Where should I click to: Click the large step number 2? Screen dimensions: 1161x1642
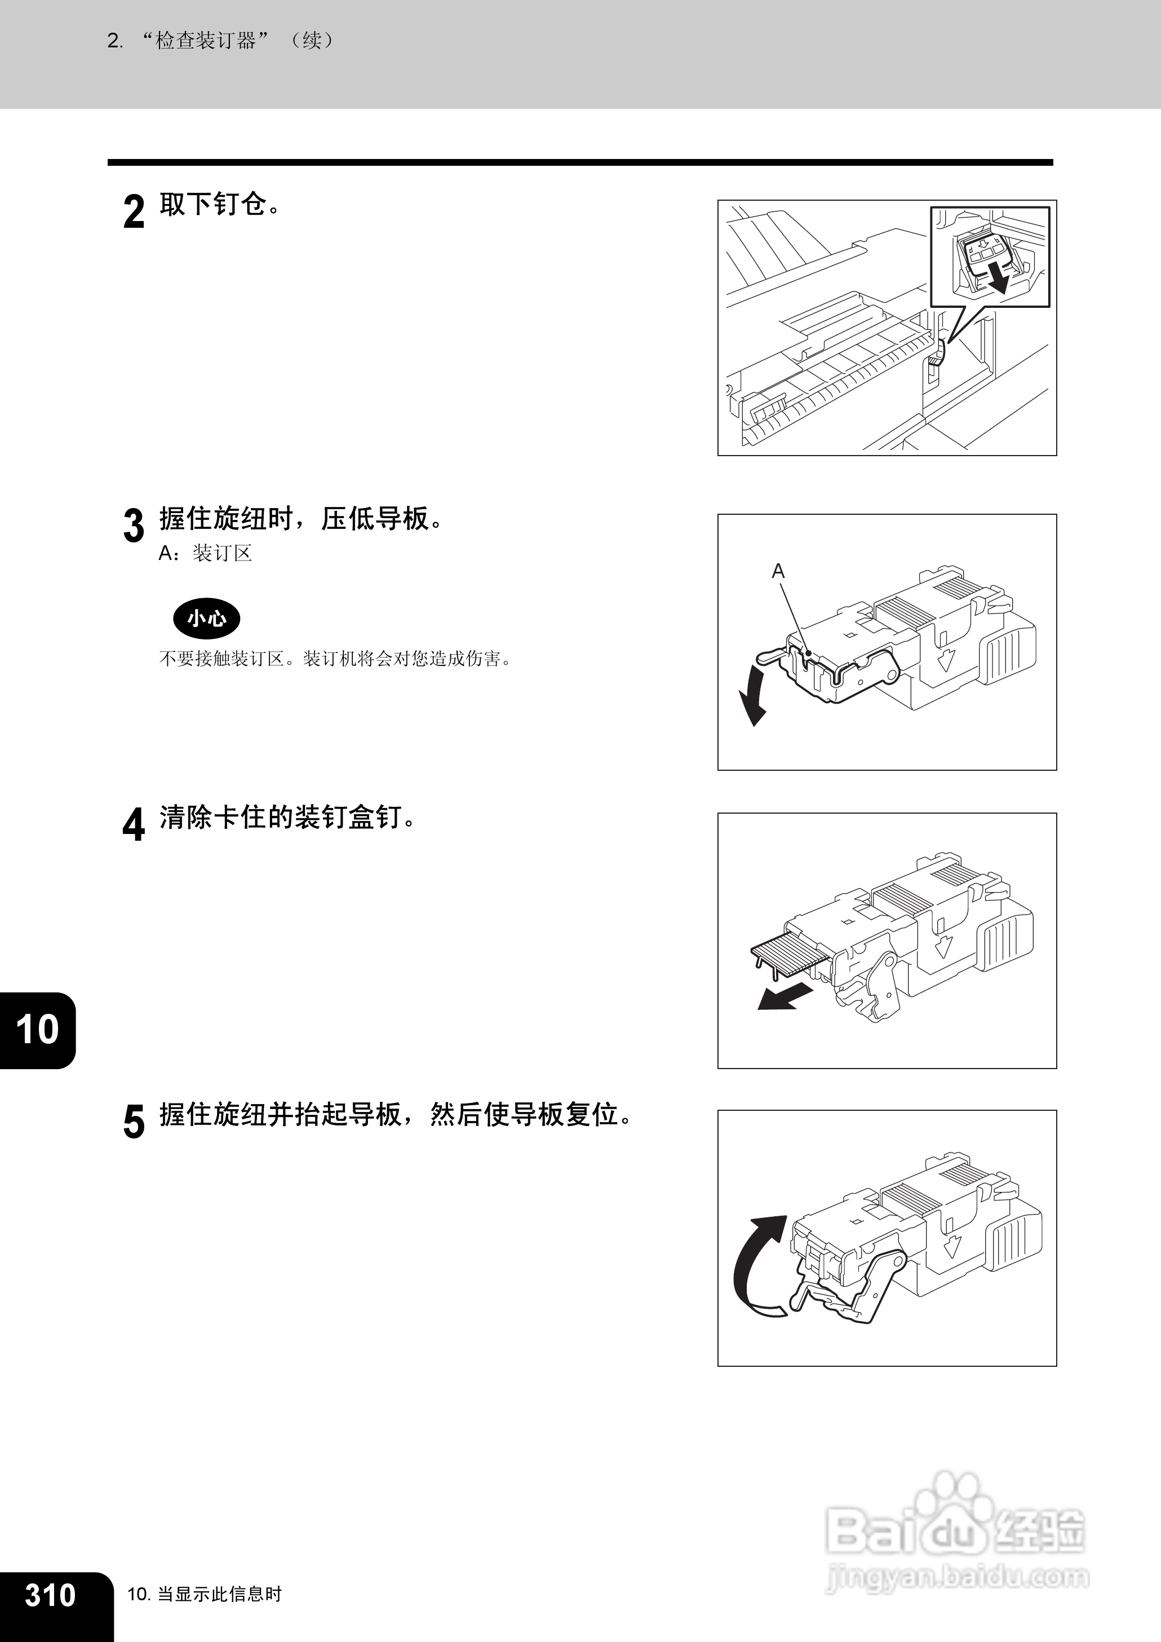pyautogui.click(x=134, y=211)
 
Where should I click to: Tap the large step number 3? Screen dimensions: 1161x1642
pyautogui.click(x=134, y=526)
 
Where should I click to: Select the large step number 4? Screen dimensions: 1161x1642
pyautogui.click(x=134, y=824)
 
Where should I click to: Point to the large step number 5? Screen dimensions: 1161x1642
pyautogui.click(x=134, y=1122)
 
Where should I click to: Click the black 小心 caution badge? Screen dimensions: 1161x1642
pyautogui.click(x=207, y=619)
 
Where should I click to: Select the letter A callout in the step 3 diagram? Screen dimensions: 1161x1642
pyautogui.click(x=778, y=571)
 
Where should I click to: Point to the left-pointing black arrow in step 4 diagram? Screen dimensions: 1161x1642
pyautogui.click(x=785, y=997)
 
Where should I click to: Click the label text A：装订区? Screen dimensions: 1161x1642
pyautogui.click(x=206, y=554)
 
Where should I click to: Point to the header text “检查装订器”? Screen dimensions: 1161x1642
pyautogui.click(x=206, y=41)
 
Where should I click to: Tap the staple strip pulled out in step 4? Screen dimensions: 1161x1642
pyautogui.click(x=788, y=954)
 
